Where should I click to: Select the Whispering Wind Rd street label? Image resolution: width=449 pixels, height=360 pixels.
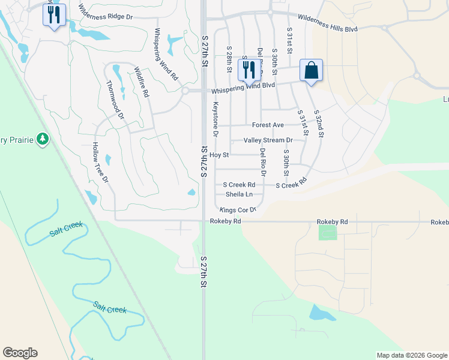166,55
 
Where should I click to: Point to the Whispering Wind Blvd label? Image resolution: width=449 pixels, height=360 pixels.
243,87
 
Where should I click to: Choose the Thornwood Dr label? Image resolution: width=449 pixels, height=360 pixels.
114,99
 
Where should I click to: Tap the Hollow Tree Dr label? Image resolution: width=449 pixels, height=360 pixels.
100,163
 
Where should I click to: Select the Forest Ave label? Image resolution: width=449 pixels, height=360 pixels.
268,125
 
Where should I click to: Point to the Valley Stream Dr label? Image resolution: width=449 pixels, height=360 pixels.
268,140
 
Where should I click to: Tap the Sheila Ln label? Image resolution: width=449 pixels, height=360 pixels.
238,194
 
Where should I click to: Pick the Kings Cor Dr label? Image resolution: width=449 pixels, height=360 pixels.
238,210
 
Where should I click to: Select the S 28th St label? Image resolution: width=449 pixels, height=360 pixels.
229,59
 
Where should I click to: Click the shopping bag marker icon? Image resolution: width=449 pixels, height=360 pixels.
311,70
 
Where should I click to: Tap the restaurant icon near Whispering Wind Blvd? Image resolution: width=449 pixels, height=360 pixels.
248,69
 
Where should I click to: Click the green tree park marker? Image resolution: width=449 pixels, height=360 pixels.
42,139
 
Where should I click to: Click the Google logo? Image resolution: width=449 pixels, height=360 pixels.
20,353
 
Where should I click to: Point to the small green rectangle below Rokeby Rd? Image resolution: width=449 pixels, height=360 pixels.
328,233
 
